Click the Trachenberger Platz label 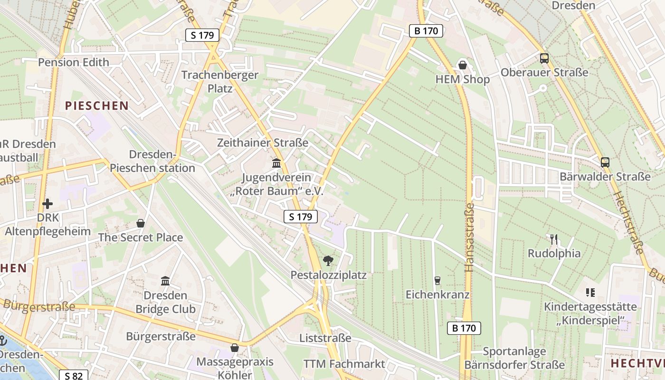[x=220, y=82]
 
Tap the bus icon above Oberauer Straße [x=544, y=58]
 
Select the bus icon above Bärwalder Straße [x=605, y=162]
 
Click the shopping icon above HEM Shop [x=462, y=65]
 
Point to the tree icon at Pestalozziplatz [x=328, y=260]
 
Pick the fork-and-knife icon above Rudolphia [x=553, y=238]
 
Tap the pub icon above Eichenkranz [x=437, y=280]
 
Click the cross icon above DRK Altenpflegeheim [x=47, y=204]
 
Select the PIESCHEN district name [x=97, y=105]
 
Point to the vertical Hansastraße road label [x=470, y=237]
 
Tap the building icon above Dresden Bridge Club [x=165, y=281]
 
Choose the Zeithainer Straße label [x=263, y=142]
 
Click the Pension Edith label [x=74, y=62]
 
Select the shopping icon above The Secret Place [x=141, y=223]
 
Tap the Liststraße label [x=325, y=338]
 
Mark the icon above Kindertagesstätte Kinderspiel [x=590, y=292]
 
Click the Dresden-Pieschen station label [x=152, y=161]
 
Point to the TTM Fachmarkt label [x=344, y=364]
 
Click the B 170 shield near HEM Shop [x=426, y=31]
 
